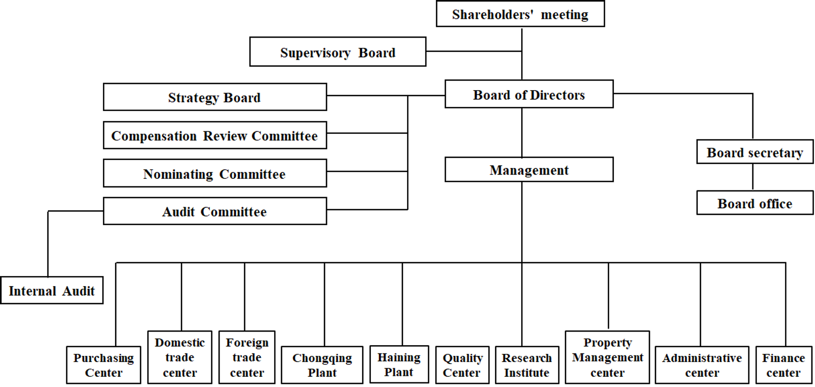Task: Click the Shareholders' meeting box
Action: click(520, 14)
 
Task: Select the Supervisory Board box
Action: click(338, 51)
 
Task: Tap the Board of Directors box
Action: click(529, 94)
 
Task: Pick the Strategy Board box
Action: click(215, 97)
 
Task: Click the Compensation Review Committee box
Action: click(215, 135)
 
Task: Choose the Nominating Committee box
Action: click(215, 173)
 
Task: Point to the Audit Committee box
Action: click(215, 211)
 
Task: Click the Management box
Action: click(529, 170)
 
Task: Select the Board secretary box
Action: click(755, 152)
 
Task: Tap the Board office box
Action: click(755, 203)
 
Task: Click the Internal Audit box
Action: click(51, 290)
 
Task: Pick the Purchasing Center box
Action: click(104, 365)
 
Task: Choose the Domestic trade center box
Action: click(180, 357)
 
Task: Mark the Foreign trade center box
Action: click(247, 357)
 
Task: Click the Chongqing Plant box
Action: click(322, 365)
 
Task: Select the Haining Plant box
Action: click(399, 364)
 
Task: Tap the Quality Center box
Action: click(463, 365)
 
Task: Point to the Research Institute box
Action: click(527, 365)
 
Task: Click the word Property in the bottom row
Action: click(608, 343)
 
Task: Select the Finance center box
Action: click(783, 365)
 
